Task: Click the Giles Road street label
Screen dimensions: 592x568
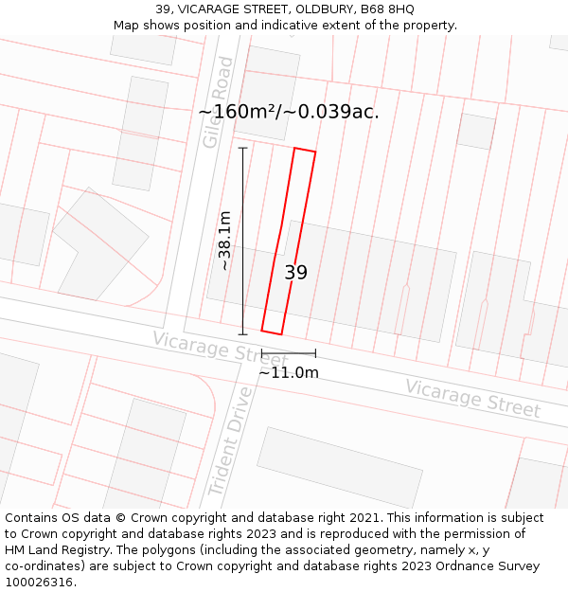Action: (218, 102)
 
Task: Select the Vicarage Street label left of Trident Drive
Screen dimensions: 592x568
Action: (206, 350)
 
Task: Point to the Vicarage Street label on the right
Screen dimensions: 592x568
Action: (473, 398)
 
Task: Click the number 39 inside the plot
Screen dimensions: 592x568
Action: (296, 273)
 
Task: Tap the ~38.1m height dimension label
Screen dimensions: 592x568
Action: (224, 241)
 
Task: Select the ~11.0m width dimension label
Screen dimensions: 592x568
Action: (289, 372)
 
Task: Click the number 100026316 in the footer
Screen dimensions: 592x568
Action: (36, 582)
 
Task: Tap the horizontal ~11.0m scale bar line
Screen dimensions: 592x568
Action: (289, 353)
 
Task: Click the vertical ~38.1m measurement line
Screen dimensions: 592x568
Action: (243, 241)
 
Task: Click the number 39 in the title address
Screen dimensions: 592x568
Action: (163, 9)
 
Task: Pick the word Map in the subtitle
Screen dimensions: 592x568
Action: (127, 26)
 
